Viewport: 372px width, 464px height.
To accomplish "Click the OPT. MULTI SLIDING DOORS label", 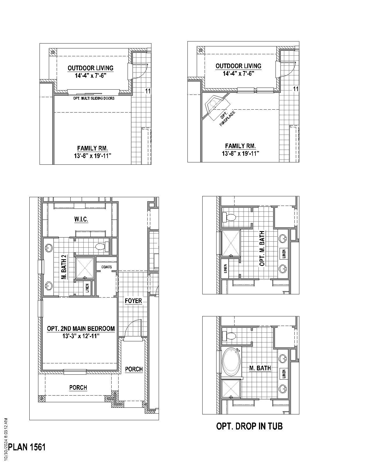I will pos(94,98).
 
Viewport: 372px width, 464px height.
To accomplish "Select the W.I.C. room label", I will pos(81,219).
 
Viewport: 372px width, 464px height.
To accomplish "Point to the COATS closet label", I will pos(106,267).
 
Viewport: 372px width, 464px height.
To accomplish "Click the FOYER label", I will pos(133,301).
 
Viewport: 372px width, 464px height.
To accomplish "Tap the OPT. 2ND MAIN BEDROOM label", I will pos(81,329).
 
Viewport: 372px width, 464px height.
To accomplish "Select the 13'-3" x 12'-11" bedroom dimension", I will pos(81,336).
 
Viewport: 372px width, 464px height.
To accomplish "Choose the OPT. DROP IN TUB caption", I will pos(249,426).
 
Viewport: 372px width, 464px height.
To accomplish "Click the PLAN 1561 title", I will pos(27,447).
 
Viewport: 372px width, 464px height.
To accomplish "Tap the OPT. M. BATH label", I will pos(262,248).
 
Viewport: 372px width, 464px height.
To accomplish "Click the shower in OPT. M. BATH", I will pos(231,243).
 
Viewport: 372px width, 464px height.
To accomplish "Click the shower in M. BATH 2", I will pos(85,268).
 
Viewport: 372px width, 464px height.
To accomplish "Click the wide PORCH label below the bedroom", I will pos(78,387).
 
